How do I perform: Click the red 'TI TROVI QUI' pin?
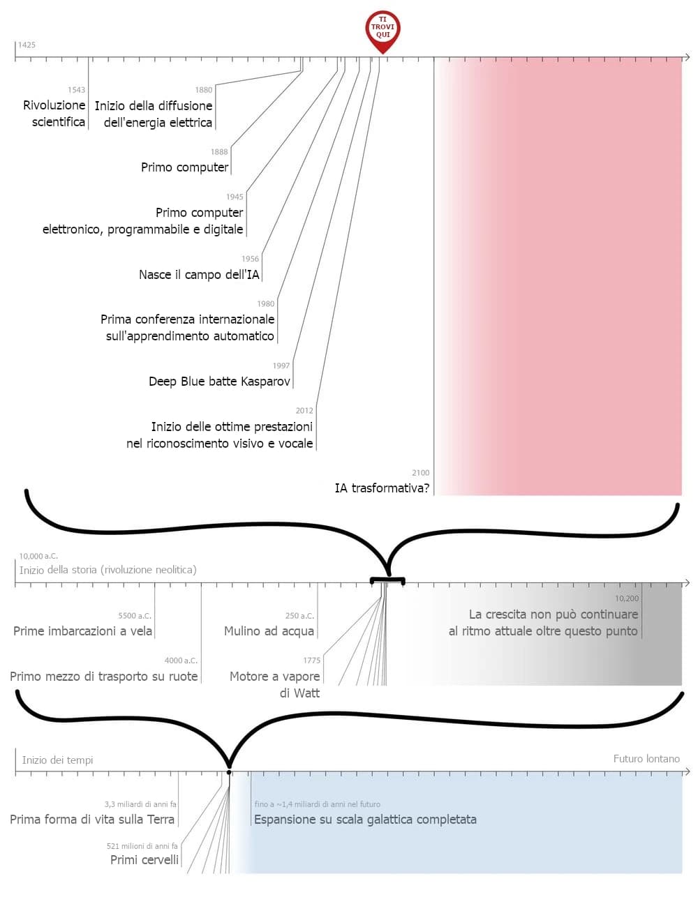[x=383, y=29]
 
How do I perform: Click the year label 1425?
[x=27, y=45]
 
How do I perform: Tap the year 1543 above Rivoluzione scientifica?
[x=76, y=90]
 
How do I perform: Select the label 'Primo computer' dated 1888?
[x=184, y=167]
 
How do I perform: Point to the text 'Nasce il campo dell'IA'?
[x=199, y=275]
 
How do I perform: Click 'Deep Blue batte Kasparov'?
[x=219, y=382]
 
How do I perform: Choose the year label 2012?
[x=304, y=411]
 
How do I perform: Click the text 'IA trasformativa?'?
[x=382, y=488]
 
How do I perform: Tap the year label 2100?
[x=421, y=473]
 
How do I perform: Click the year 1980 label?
[x=265, y=304]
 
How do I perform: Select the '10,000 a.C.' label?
[x=38, y=557]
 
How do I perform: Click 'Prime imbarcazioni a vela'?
[x=82, y=631]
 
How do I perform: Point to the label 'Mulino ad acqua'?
[x=269, y=631]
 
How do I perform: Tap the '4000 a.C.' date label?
[x=181, y=661]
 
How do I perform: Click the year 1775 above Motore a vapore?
[x=311, y=661]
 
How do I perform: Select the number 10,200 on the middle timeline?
[x=626, y=598]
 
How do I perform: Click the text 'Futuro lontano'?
[x=646, y=759]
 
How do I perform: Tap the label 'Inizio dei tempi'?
[x=57, y=760]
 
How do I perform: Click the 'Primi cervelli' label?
[x=144, y=860]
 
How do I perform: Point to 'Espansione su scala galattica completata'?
[x=365, y=820]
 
